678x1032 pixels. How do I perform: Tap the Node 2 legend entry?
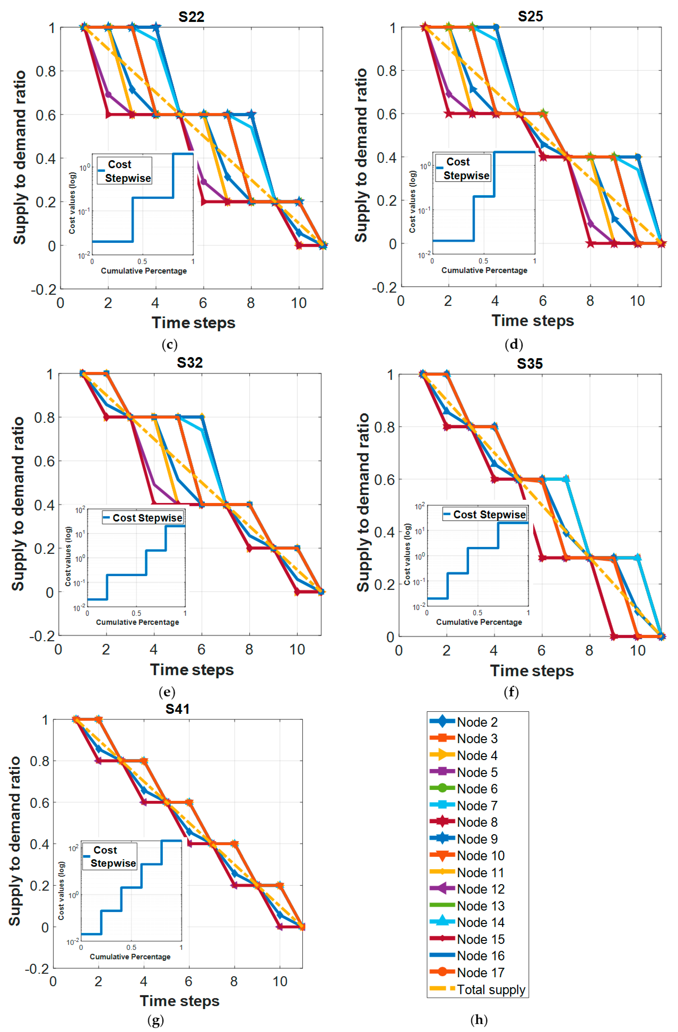(477, 722)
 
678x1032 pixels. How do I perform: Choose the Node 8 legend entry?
(477, 822)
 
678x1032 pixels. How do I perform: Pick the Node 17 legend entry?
(480, 973)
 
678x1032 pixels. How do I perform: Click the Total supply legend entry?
(490, 989)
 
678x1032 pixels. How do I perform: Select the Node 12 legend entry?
(480, 889)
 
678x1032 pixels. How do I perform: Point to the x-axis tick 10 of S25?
(637, 301)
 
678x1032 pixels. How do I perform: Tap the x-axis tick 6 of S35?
(541, 650)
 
